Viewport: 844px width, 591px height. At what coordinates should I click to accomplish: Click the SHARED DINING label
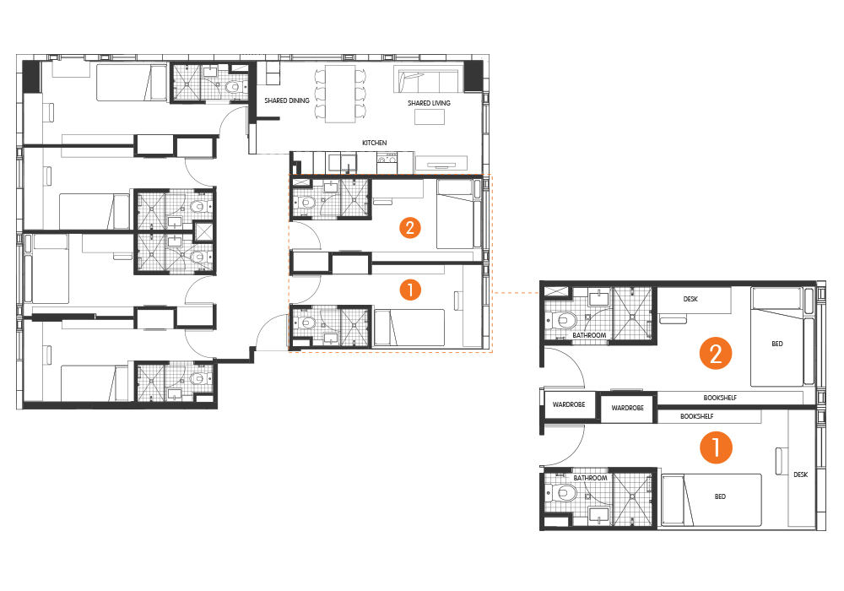coord(287,100)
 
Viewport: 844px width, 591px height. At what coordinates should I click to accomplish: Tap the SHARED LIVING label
coord(429,103)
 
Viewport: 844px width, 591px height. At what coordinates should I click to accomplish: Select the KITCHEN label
coord(374,143)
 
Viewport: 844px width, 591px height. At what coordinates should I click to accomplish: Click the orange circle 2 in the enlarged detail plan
coord(716,354)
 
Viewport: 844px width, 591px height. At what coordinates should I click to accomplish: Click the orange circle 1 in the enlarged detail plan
coord(716,447)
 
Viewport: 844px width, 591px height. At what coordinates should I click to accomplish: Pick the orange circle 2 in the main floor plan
coord(410,228)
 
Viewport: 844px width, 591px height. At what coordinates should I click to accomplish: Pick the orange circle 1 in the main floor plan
coord(410,290)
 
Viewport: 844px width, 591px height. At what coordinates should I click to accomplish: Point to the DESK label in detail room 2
coord(690,299)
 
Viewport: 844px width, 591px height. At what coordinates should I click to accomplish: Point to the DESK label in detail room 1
coord(800,474)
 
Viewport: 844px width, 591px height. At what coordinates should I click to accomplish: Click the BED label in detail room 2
coord(777,344)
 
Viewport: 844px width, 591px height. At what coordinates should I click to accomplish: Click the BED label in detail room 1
coord(720,496)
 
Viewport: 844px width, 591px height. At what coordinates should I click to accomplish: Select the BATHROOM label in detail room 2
coord(589,335)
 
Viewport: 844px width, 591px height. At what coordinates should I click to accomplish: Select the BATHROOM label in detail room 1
coord(590,478)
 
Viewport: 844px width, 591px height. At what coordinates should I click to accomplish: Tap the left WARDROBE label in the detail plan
coord(569,404)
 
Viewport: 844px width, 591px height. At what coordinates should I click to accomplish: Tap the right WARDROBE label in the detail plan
coord(628,408)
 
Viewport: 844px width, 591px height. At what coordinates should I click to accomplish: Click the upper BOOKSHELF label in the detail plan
coord(720,398)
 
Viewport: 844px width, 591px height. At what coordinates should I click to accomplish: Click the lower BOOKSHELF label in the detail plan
coord(697,416)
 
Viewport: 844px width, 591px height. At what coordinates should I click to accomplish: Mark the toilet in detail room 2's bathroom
coord(561,321)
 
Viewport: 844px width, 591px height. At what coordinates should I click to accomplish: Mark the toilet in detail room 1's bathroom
coord(561,492)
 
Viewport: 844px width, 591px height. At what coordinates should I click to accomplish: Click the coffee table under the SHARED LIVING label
coord(430,117)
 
